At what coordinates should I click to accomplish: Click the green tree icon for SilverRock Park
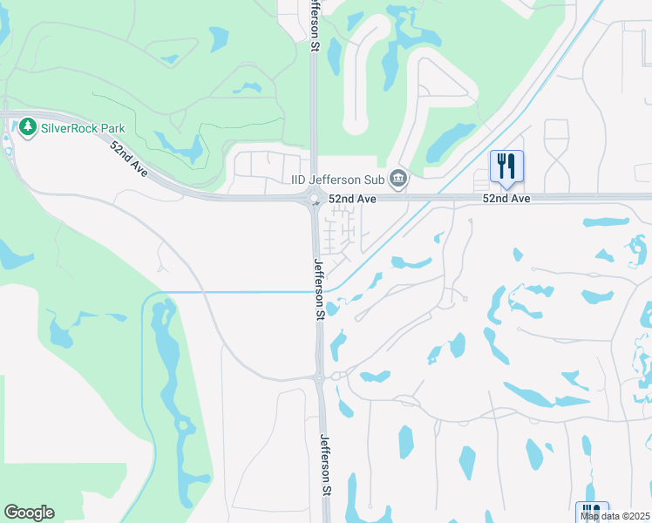click(x=27, y=127)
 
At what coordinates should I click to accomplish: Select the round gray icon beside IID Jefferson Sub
click(x=398, y=180)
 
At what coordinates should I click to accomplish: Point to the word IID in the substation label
click(x=299, y=180)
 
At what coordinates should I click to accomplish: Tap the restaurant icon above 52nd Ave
click(x=506, y=166)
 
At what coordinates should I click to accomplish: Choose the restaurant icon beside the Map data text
click(x=593, y=513)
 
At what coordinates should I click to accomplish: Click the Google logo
click(x=29, y=513)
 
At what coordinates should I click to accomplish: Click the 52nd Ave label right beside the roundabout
click(x=352, y=199)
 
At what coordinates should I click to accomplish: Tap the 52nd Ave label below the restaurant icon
click(x=507, y=199)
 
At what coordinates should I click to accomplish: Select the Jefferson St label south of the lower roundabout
click(x=326, y=465)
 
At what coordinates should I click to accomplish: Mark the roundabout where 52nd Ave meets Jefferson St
click(x=314, y=200)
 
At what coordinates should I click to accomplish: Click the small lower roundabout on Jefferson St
click(x=320, y=378)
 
